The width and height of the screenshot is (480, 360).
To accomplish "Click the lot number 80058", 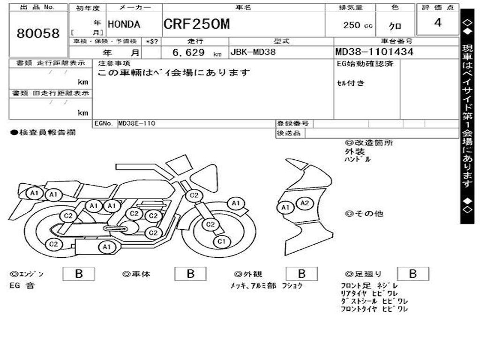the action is pos(38,33).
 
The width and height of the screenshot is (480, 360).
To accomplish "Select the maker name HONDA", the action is pos(124,24).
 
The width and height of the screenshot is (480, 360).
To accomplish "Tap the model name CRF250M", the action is pos(196,24).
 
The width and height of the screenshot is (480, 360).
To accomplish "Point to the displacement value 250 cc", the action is pos(358,25).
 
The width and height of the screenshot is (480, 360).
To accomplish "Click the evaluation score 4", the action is pos(437,22).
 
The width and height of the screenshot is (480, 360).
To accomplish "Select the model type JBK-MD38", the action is pos(253,52).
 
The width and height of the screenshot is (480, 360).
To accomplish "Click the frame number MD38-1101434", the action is pos(374,52).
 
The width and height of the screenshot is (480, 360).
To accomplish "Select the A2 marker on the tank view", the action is pos(305,203).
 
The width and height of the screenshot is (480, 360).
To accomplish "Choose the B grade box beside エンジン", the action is pos(78,274).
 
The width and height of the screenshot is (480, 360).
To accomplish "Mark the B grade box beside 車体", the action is pos(190,274).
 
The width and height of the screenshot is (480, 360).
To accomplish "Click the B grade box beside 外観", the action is pos(301,274).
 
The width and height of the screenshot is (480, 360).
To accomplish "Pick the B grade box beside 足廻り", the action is pos(412,274).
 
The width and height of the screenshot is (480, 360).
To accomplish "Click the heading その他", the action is pos(368,214).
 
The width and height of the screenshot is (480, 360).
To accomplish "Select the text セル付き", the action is pos(351,83).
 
